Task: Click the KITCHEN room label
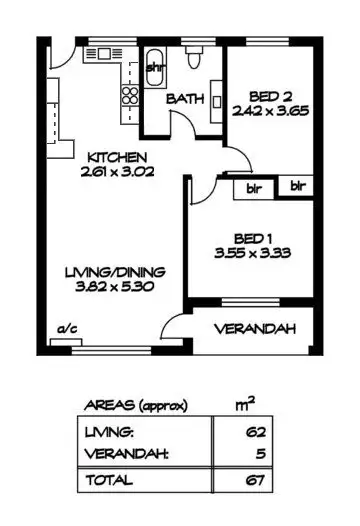coord(117,157)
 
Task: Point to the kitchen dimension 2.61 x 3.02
coord(117,172)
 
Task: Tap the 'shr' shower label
coord(155,68)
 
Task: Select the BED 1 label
coord(245,238)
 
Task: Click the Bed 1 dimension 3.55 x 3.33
coord(245,253)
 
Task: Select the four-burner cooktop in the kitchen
coord(129,96)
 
